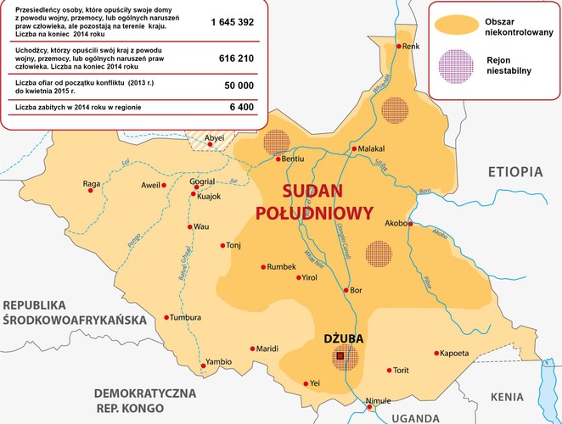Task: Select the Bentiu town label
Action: [x=293, y=159]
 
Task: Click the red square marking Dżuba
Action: [x=340, y=357]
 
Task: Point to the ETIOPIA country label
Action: [x=514, y=172]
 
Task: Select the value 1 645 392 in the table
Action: [x=233, y=23]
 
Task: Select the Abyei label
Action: [x=216, y=137]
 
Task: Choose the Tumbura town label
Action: [x=186, y=317]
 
